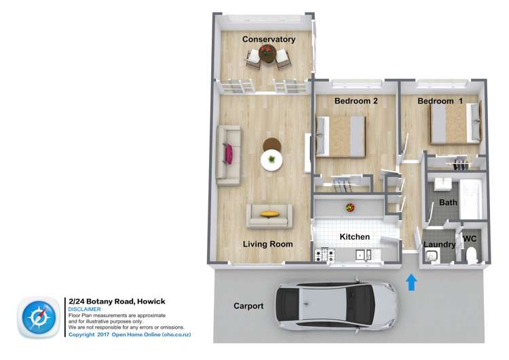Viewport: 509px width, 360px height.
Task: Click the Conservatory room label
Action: tap(269, 39)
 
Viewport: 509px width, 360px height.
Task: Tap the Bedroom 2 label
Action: tap(356, 101)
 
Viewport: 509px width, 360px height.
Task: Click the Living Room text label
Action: tap(268, 244)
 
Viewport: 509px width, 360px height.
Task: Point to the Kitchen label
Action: tap(354, 237)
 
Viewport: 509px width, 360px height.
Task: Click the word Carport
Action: tap(248, 306)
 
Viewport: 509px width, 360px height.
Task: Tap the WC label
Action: tap(470, 239)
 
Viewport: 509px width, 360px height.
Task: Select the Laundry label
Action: tap(439, 245)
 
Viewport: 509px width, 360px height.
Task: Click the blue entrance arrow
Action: tap(411, 281)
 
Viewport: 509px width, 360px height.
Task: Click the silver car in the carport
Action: tap(332, 306)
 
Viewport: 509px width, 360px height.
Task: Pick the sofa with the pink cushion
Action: tap(228, 156)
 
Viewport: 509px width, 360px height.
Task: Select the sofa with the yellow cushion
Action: tap(269, 215)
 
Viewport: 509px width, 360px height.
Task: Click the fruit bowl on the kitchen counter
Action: tap(350, 207)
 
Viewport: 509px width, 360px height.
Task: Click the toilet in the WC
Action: tap(472, 255)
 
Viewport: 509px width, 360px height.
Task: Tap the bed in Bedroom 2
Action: tap(341, 136)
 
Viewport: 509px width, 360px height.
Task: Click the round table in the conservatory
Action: tap(267, 60)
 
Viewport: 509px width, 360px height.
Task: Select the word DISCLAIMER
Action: tap(85, 309)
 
